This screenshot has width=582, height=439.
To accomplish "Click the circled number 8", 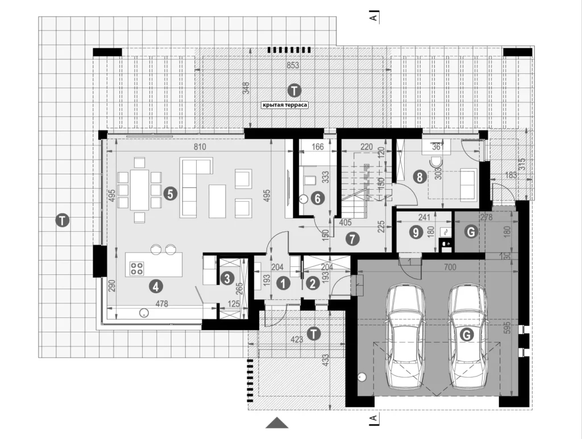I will [x=419, y=177].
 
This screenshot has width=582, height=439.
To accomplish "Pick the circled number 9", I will [x=417, y=232].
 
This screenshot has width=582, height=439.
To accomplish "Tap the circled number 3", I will [x=227, y=278].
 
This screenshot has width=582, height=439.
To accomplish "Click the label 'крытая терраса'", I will [x=284, y=104].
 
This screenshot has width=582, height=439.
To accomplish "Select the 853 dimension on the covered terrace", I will [x=292, y=65].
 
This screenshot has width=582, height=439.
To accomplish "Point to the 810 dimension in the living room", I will [x=198, y=147].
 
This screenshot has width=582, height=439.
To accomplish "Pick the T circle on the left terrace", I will [x=64, y=220].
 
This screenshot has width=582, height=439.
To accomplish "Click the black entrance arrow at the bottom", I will [x=277, y=423].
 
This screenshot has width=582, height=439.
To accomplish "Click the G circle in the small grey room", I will [x=469, y=231].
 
